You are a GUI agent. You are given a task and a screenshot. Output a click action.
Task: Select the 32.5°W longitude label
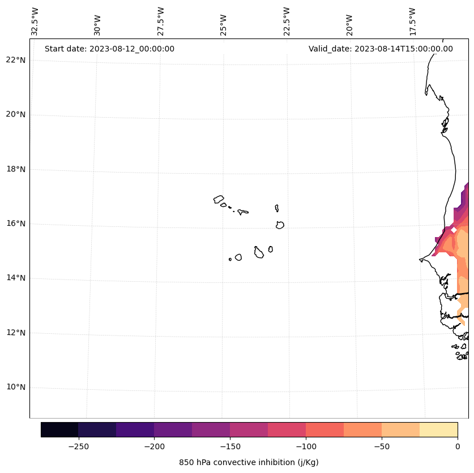click(x=35, y=21)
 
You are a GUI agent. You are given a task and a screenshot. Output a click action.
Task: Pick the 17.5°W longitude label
click(x=412, y=21)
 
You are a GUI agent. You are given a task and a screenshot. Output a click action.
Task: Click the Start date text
click(x=109, y=49)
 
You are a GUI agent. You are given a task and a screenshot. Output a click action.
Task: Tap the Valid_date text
click(x=381, y=49)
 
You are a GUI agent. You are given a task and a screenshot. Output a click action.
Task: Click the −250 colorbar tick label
click(x=78, y=446)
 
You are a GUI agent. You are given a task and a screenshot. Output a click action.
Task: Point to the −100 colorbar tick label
click(x=306, y=446)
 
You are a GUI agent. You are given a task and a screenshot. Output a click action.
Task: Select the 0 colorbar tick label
click(x=458, y=446)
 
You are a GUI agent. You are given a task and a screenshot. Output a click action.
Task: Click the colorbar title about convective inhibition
click(x=249, y=462)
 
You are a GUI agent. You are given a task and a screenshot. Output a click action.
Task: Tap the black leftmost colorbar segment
click(x=59, y=429)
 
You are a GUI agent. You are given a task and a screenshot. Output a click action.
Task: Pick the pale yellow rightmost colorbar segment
click(x=438, y=429)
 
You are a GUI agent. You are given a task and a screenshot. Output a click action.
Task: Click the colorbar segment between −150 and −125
click(x=249, y=429)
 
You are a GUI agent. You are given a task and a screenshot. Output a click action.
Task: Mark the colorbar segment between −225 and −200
click(x=135, y=429)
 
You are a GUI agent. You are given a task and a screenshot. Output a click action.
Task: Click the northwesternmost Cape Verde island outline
click(x=219, y=199)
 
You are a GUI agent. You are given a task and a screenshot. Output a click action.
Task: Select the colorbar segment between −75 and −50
click(x=362, y=429)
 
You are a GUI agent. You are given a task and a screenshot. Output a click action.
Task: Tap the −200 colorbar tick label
click(x=154, y=446)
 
